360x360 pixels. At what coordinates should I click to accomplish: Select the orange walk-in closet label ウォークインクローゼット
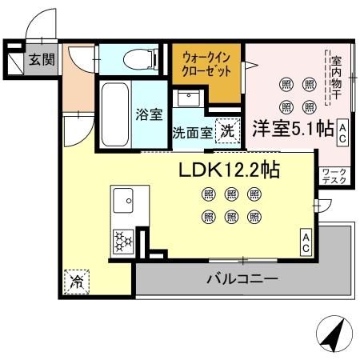[206, 65]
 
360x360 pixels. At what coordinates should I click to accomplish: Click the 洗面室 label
[192, 133]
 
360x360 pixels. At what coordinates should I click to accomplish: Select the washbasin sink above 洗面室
[189, 101]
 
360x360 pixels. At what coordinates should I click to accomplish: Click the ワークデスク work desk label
[334, 176]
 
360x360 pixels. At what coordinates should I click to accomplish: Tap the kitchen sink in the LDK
[125, 199]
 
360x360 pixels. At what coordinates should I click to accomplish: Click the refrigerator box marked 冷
[78, 281]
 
